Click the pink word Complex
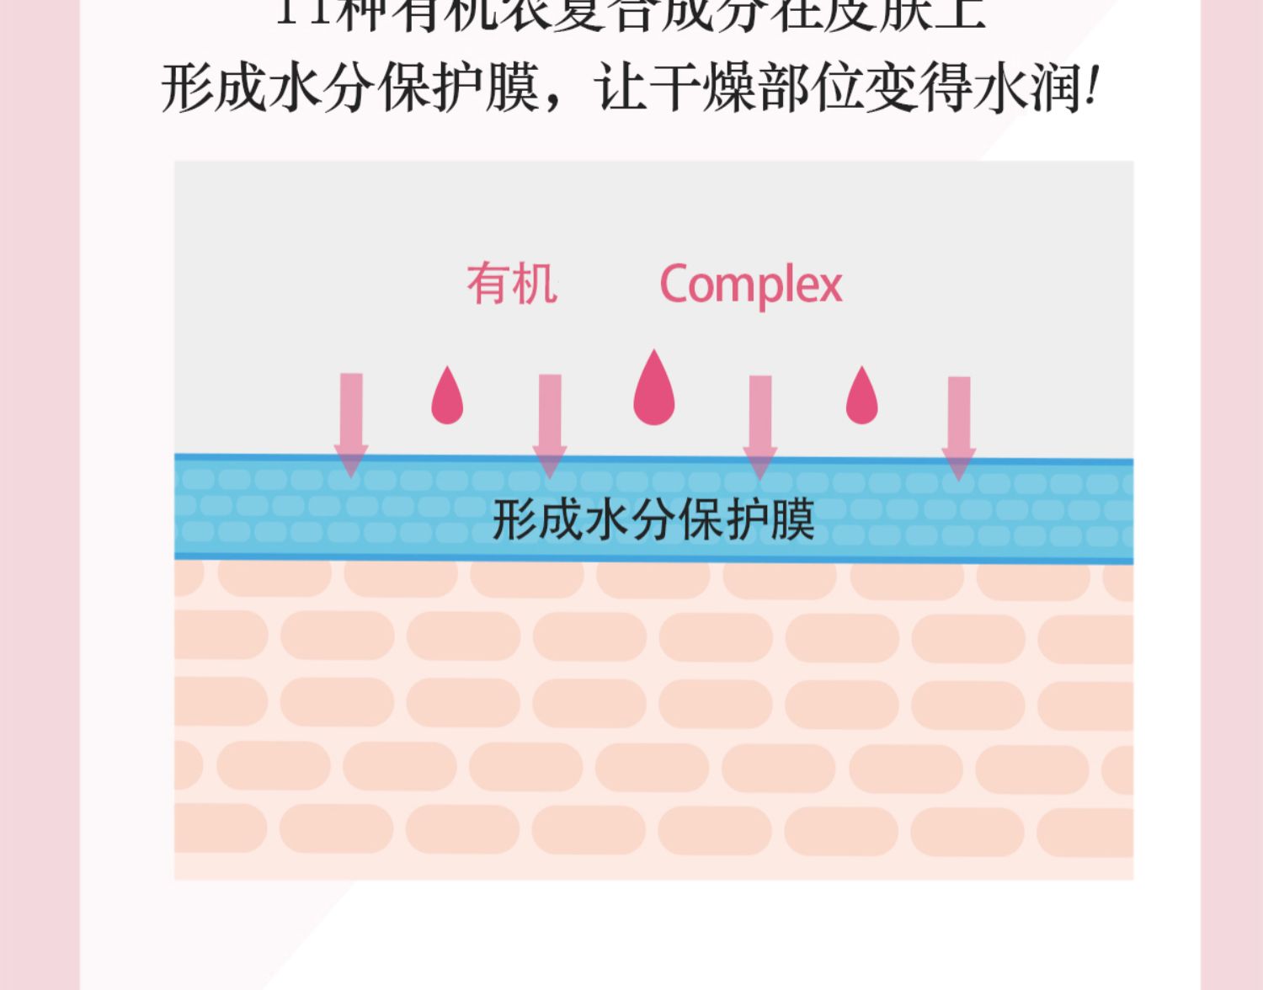(750, 285)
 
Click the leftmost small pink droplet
(447, 396)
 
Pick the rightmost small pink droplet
(861, 396)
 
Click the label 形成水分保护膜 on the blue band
(653, 519)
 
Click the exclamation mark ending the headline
(1092, 88)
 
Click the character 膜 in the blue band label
(792, 519)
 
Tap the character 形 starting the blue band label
(514, 519)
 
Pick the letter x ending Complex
(829, 287)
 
